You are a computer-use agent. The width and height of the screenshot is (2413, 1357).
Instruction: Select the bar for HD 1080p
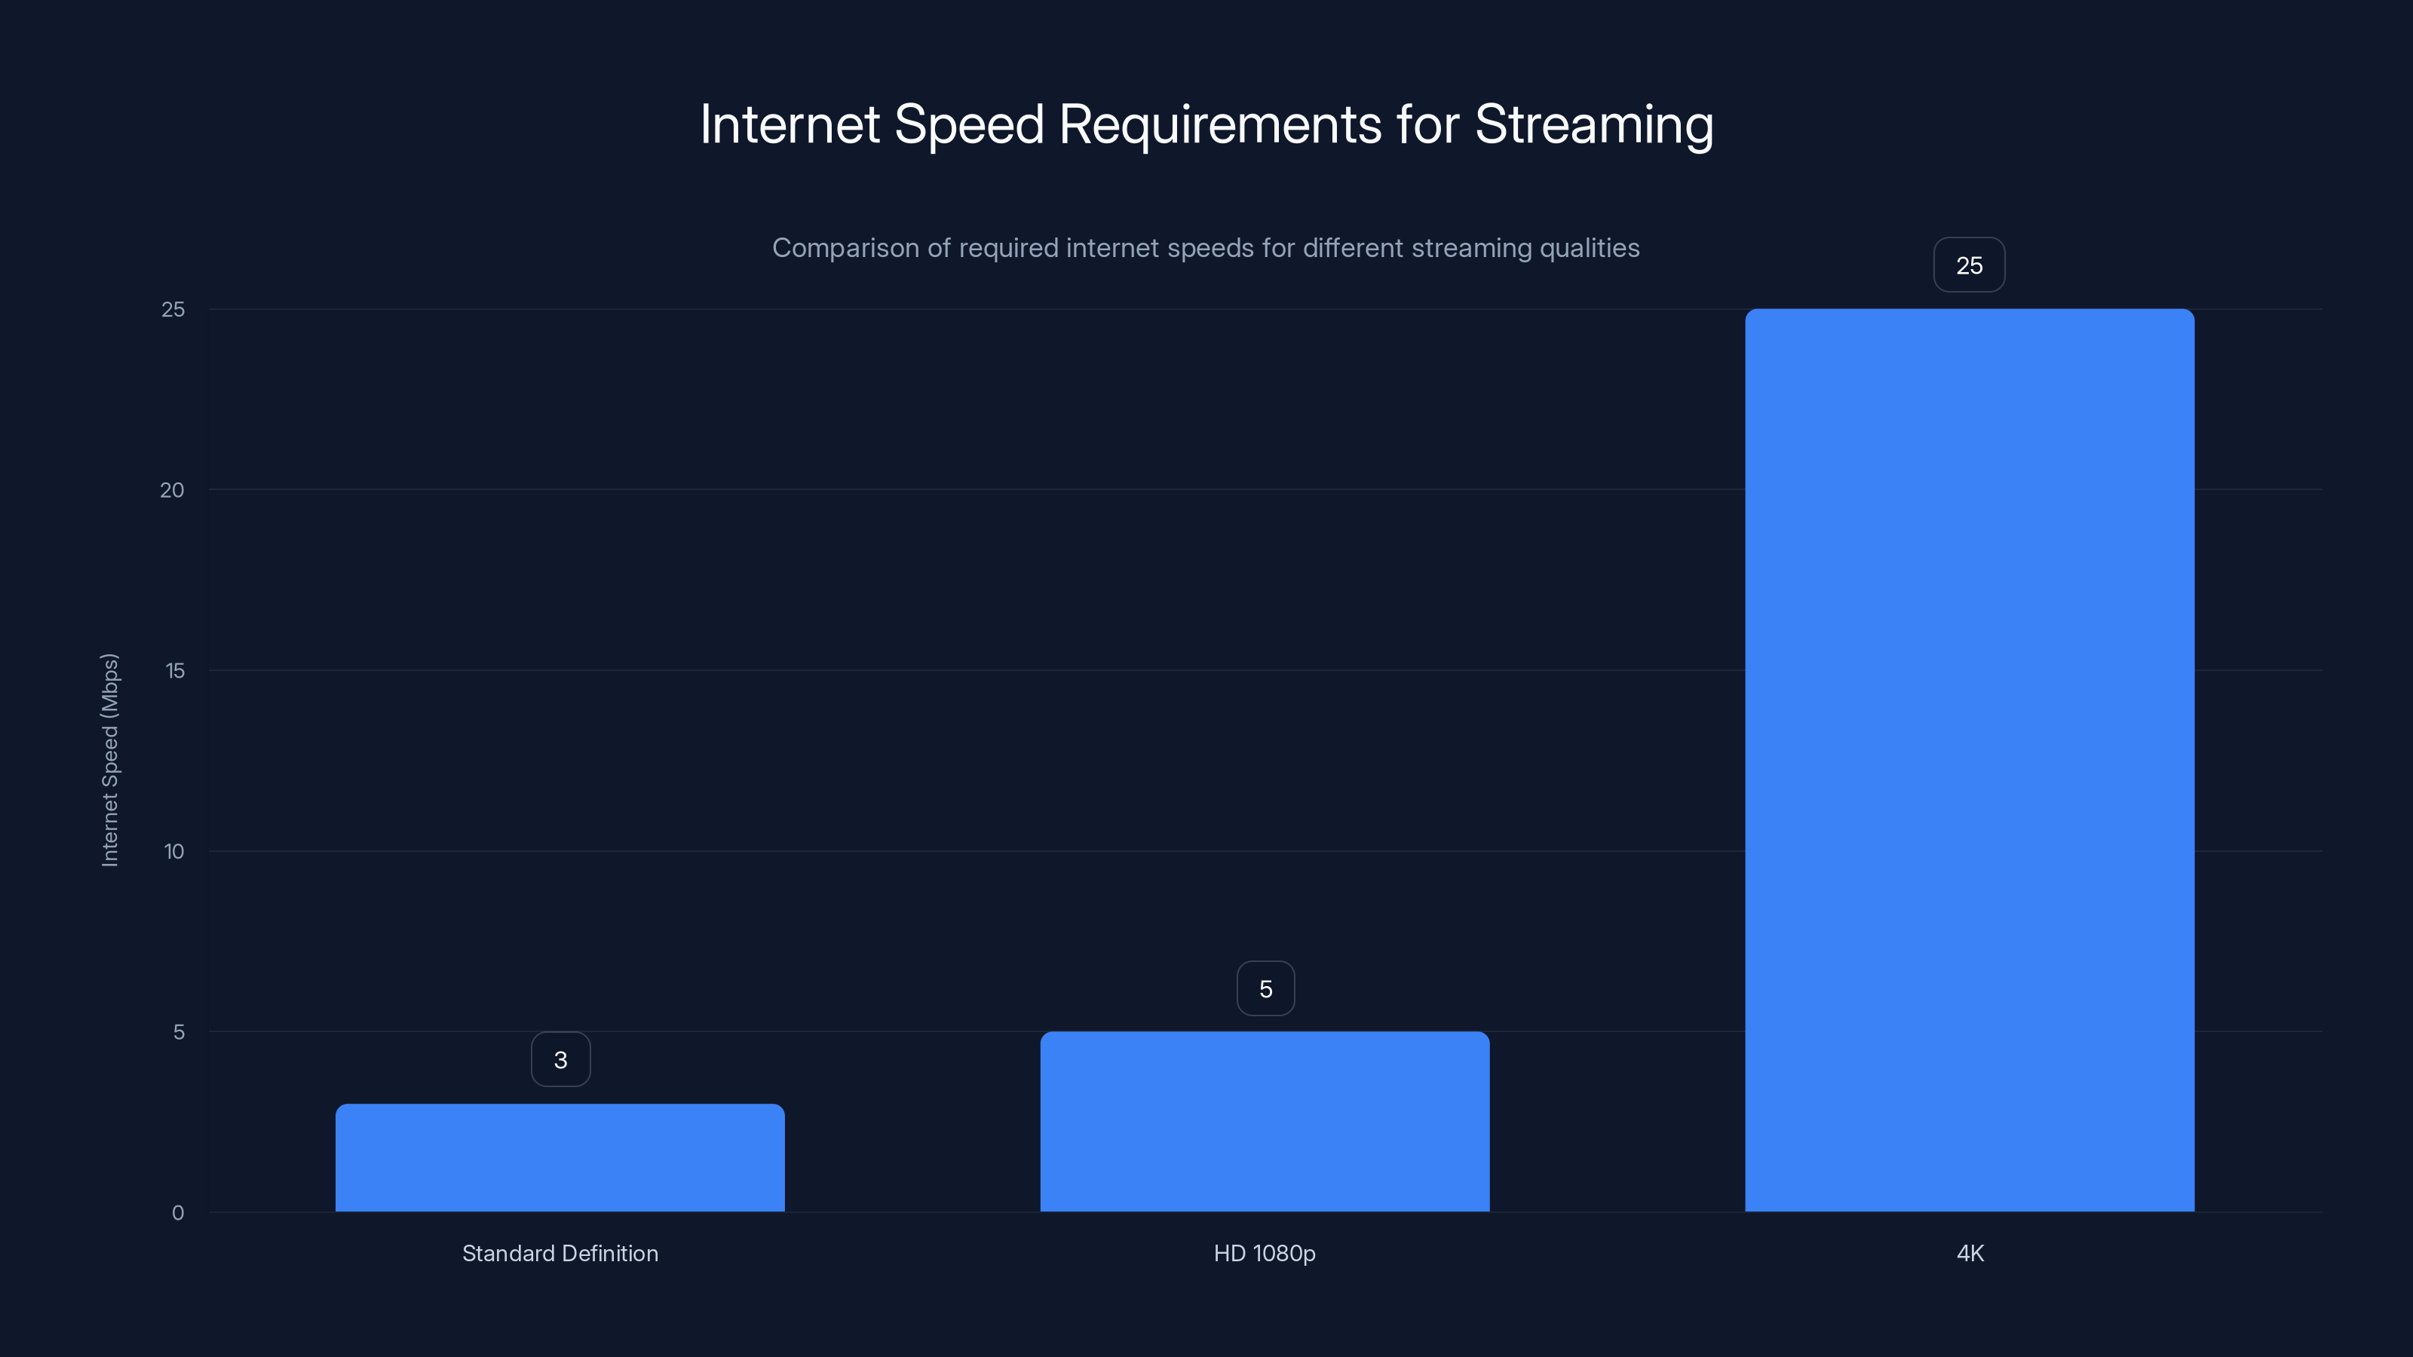point(1265,1121)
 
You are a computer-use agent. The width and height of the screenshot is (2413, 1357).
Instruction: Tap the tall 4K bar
point(1969,759)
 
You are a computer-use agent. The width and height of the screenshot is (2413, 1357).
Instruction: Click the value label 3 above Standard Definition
point(560,1059)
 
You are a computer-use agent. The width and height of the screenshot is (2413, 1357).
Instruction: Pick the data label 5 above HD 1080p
point(1265,988)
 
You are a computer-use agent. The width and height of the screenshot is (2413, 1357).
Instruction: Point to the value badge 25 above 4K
point(1969,265)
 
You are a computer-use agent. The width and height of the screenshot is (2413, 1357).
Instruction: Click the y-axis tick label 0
point(178,1213)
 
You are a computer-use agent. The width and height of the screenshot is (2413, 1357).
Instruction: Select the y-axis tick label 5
point(179,1032)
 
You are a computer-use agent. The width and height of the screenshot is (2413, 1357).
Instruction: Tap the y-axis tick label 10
point(174,851)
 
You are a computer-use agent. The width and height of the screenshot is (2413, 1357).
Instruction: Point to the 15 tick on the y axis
point(174,670)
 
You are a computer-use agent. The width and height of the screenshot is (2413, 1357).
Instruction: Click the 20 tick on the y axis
point(173,490)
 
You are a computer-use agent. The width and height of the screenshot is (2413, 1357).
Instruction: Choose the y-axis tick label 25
point(173,309)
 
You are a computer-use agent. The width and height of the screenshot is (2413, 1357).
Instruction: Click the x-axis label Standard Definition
point(560,1253)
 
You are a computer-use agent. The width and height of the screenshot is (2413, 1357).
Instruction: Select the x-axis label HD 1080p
point(1265,1253)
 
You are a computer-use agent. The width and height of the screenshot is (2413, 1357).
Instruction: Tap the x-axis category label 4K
point(1970,1253)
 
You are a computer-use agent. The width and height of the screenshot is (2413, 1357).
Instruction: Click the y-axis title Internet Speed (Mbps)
point(109,759)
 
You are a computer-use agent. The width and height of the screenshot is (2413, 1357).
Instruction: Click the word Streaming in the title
point(1594,124)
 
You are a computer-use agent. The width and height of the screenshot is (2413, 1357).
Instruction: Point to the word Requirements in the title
point(1219,124)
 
